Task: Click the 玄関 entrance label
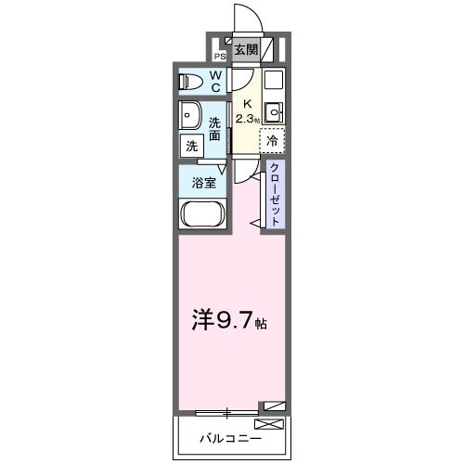click(245, 49)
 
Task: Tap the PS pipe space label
click(219, 54)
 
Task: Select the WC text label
click(214, 82)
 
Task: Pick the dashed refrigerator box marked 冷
click(273, 141)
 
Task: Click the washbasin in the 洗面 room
click(190, 117)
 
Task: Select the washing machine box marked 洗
click(191, 146)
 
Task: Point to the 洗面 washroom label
click(214, 129)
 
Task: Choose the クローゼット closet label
click(275, 193)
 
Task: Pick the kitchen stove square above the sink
click(274, 80)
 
